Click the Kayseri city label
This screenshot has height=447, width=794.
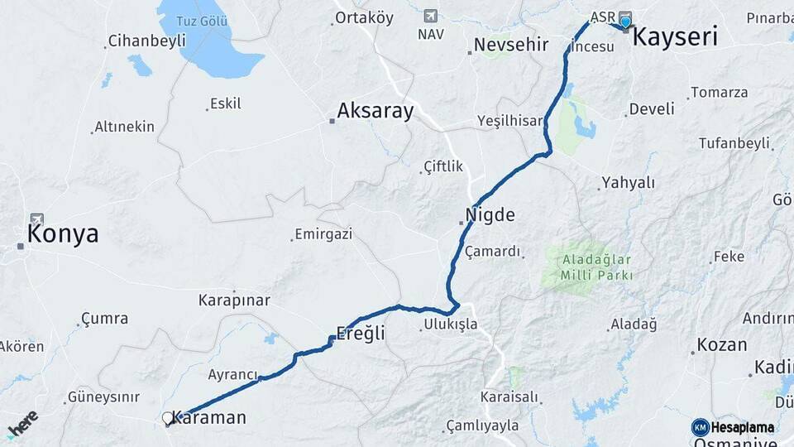coord(675,36)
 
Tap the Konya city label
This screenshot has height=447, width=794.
coord(63,233)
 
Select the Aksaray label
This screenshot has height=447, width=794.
coord(375,111)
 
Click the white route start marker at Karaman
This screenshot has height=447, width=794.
coord(168,418)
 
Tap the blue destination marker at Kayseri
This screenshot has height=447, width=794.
coord(625,22)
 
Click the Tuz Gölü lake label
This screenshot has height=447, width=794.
coord(203,20)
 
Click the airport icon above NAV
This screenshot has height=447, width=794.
coord(430,16)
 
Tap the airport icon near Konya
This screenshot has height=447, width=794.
coord(36,221)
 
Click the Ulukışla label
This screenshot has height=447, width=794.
coord(450,324)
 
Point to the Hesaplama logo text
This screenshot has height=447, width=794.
coord(742,427)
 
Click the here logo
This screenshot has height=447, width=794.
coord(22,424)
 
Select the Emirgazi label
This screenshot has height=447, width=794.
coord(324,234)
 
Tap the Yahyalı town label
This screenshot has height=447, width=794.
coord(628,183)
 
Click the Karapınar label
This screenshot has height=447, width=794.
coord(234,300)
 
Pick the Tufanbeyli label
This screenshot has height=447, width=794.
coord(734,143)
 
